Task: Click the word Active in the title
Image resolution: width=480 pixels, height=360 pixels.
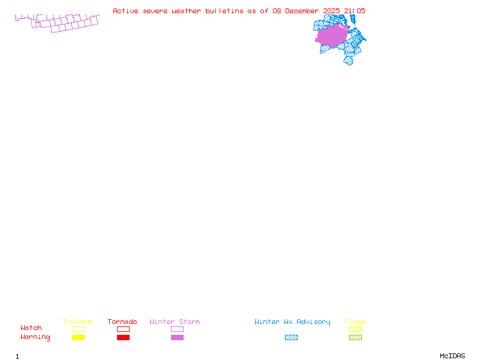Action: coord(126,11)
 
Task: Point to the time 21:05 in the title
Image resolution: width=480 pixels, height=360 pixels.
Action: coord(355,11)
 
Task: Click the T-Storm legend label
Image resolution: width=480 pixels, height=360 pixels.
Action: coord(77,322)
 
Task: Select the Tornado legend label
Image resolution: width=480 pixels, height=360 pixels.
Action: coord(122,322)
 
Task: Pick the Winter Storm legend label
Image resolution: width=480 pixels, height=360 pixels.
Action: coord(175,322)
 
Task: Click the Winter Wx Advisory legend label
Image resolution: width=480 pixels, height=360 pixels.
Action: coord(292,322)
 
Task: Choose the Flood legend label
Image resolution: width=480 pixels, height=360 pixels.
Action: coord(355,322)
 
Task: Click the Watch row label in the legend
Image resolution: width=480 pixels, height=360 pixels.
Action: coord(31,328)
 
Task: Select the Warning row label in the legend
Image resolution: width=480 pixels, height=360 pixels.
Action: coord(35,337)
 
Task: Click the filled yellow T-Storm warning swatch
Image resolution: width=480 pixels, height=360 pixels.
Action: coord(78,338)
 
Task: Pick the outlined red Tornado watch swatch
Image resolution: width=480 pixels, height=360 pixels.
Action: coord(123,329)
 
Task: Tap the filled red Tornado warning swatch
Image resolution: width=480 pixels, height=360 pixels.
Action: coord(123,338)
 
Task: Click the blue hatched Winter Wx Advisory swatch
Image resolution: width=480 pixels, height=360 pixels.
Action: coord(291,338)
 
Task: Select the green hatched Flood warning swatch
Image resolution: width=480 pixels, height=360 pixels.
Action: coord(355,338)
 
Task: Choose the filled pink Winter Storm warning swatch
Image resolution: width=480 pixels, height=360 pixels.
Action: coord(177,338)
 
